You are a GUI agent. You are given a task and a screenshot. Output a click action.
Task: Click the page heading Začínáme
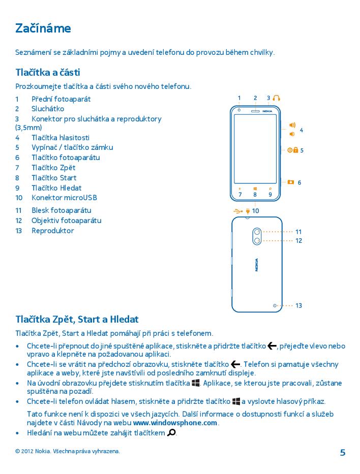[x=43, y=28]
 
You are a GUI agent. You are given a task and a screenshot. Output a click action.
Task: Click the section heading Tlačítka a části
[x=48, y=73]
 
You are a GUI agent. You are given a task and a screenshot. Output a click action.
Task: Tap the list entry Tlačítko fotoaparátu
[x=66, y=157]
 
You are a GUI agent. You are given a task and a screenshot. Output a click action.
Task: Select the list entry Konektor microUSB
[x=64, y=198]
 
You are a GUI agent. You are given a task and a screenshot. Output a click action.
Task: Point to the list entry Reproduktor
[x=52, y=231]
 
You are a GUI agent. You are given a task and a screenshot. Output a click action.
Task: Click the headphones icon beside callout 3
[x=276, y=98]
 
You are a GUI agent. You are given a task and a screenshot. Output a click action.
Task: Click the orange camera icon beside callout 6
[x=290, y=182]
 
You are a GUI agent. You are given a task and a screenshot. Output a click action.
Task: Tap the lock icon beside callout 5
[x=295, y=150]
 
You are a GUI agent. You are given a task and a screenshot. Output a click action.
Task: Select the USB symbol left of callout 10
[x=238, y=210]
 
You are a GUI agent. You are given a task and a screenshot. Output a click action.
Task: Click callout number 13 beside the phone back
[x=298, y=306]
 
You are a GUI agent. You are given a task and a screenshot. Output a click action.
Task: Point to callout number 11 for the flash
[x=298, y=232]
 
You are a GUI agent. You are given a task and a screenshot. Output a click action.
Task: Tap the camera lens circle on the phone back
[x=257, y=240]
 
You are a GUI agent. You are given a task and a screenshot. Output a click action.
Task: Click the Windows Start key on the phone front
[x=255, y=189]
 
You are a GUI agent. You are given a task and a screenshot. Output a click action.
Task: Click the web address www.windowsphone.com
[x=175, y=423]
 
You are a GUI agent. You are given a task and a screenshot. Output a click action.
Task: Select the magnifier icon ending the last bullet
[x=171, y=433]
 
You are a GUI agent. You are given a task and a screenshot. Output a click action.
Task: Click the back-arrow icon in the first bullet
[x=272, y=346]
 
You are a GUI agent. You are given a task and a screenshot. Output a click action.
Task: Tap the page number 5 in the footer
[x=342, y=453]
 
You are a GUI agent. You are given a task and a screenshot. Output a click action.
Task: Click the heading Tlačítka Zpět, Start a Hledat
[x=77, y=320]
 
